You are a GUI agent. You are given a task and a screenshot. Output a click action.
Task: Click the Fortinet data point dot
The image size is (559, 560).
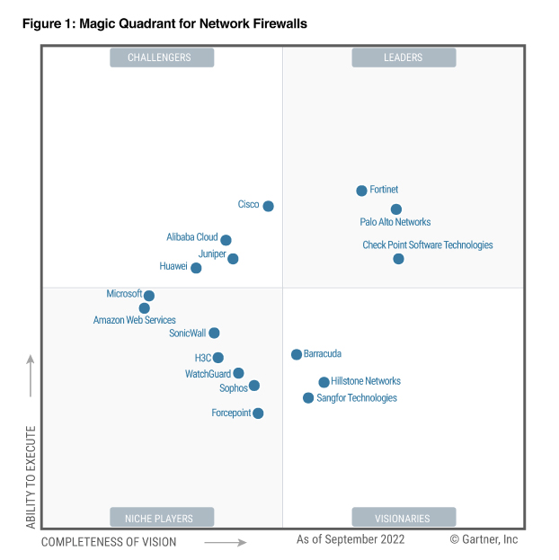tap(361, 191)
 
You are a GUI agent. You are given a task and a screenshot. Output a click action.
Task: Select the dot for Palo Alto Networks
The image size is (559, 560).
tap(396, 209)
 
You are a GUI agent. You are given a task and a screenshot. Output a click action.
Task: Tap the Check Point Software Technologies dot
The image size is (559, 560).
tap(398, 259)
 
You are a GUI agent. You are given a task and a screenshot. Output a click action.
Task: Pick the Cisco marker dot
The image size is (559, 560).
tap(268, 206)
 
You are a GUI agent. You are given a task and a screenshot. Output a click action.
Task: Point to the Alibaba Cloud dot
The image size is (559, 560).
tap(226, 240)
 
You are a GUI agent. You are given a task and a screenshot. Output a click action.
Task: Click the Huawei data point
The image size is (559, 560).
tap(196, 268)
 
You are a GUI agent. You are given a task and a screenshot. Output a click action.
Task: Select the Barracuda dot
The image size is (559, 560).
tap(297, 354)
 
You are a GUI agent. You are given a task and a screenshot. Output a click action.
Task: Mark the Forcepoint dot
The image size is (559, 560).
tap(258, 413)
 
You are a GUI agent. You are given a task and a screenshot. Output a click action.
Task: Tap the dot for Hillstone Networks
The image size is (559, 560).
tap(324, 382)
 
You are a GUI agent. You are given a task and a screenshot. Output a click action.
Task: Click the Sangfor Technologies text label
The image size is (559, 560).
tap(357, 398)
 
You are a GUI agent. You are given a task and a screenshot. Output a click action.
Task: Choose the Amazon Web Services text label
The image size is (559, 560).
tap(135, 320)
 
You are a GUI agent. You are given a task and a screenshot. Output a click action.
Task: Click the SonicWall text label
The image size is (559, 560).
tap(188, 333)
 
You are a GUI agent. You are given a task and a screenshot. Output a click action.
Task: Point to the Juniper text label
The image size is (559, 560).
tap(212, 254)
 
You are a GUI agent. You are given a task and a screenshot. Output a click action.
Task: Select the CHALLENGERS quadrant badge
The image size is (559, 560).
tap(162, 58)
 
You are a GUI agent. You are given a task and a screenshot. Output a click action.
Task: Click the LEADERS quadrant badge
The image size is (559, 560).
tap(404, 58)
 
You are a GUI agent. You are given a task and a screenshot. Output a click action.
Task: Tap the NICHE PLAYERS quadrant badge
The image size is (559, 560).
tap(162, 518)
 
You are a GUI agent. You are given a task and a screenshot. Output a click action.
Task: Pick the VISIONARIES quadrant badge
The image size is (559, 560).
tap(404, 518)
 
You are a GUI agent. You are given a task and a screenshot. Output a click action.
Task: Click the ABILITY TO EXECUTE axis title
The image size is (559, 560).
tap(31, 476)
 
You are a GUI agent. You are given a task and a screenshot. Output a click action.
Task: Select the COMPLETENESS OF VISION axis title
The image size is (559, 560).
tap(109, 542)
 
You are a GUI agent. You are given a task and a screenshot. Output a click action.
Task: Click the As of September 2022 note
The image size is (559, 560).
tap(350, 539)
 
